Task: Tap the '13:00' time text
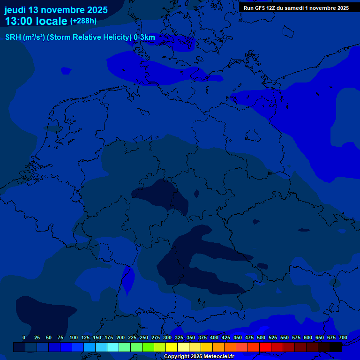[20, 21]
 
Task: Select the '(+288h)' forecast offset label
[83, 21]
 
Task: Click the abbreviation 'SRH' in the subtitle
[13, 37]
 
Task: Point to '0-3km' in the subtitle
[144, 37]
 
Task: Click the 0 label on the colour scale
[24, 337]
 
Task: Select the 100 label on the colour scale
[74, 337]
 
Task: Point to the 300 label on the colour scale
[167, 337]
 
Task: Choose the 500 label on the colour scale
[261, 337]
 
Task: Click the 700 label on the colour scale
[343, 337]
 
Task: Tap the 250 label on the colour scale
[144, 337]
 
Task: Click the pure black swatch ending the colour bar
[336, 347]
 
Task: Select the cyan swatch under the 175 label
[113, 347]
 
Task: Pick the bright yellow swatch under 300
[172, 347]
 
